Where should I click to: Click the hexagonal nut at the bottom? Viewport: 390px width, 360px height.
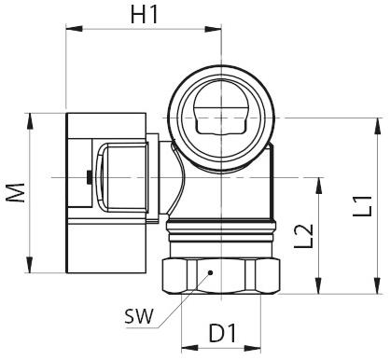219,274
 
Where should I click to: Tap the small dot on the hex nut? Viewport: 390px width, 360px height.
211,273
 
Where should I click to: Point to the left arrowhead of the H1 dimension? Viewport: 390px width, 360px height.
69,28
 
